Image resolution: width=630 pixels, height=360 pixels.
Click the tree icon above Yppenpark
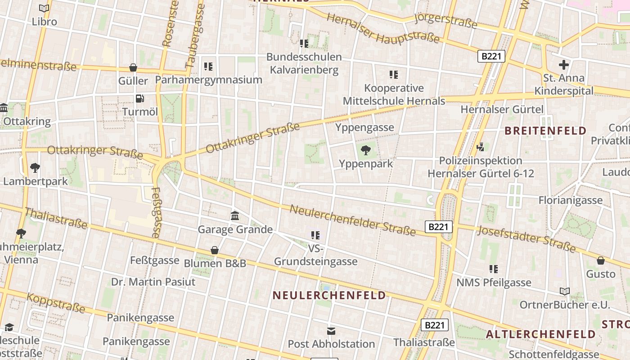[x=365, y=150]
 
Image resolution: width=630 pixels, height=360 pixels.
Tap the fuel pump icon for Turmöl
[x=140, y=99]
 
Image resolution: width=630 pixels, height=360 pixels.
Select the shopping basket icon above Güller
[x=133, y=68]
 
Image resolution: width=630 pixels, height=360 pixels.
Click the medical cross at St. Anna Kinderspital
[x=563, y=65]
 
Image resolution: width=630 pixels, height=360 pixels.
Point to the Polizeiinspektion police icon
[x=481, y=147]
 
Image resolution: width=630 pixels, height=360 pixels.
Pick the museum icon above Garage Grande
[x=235, y=216]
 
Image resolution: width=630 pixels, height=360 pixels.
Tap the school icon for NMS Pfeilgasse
[x=494, y=269]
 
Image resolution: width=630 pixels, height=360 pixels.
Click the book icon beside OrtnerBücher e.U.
[x=565, y=292]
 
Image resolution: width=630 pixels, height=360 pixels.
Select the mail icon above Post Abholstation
[x=331, y=331]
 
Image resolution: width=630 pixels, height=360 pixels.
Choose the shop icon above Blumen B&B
[x=215, y=250]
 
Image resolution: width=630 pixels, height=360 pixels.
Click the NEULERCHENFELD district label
[x=329, y=295]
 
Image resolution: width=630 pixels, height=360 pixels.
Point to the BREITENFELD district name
[x=545, y=131]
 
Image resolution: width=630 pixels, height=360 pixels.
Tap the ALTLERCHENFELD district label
[x=541, y=334]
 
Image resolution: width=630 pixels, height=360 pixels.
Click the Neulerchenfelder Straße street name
[x=353, y=220]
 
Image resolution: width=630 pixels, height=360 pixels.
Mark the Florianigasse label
[x=571, y=200]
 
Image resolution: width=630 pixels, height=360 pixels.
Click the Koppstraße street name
[x=56, y=303]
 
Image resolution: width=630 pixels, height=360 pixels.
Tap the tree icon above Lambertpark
[x=35, y=168]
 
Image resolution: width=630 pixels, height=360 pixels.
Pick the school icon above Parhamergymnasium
[x=208, y=67]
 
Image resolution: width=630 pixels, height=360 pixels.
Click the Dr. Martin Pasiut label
[x=153, y=282]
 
